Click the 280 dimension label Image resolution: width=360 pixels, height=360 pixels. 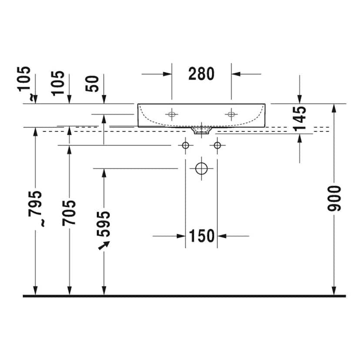pyautogui.click(x=201, y=74)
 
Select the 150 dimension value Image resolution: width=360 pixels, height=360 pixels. pyautogui.click(x=202, y=236)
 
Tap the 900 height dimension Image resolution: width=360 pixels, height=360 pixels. pyautogui.click(x=334, y=199)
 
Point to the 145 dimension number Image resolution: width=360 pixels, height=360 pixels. pyautogui.click(x=300, y=119)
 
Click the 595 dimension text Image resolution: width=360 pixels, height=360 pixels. pyautogui.click(x=103, y=224)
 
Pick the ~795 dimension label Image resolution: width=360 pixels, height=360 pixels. pyautogui.click(x=36, y=208)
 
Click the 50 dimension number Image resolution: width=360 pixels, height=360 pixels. pyautogui.click(x=92, y=84)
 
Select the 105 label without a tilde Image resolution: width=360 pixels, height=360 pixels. pyautogui.click(x=58, y=83)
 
